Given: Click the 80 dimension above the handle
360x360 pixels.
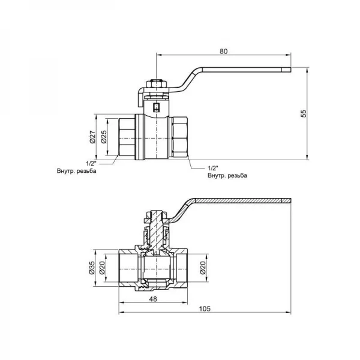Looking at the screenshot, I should point(223,52).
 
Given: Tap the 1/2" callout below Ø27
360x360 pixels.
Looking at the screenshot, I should point(91,163).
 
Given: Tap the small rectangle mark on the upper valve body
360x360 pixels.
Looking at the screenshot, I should point(156,109).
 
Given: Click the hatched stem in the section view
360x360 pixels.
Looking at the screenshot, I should point(155,228).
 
